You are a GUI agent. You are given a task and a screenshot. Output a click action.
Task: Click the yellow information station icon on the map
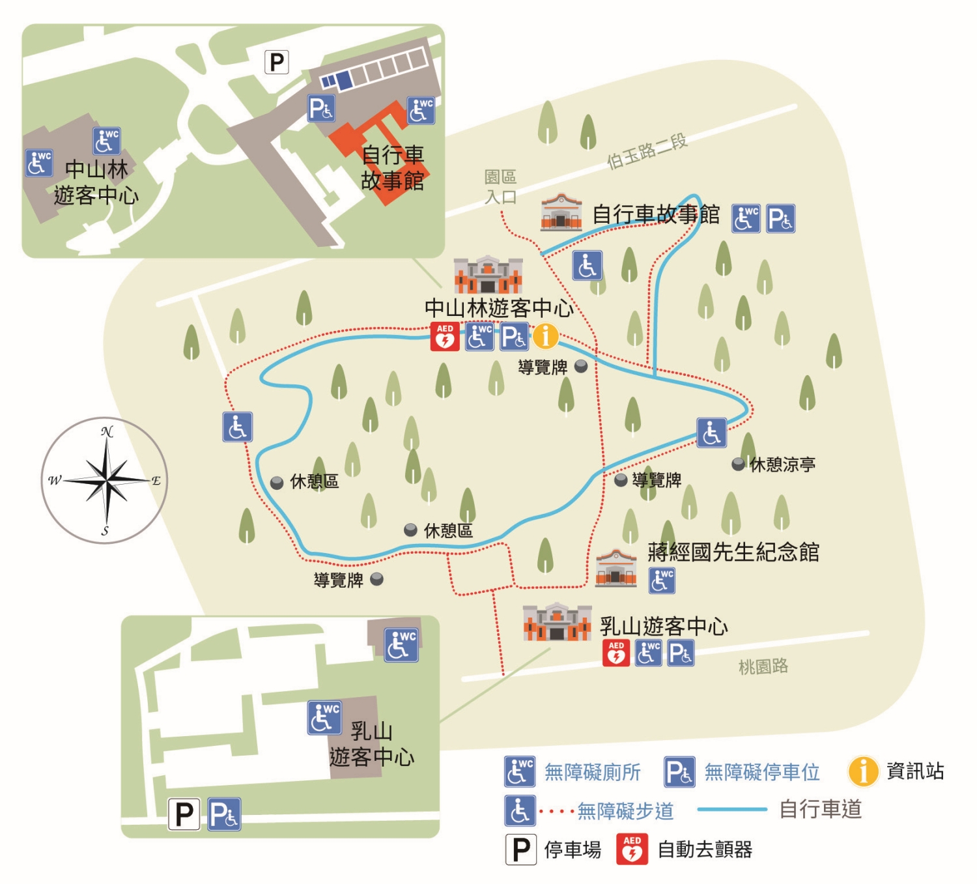(x=546, y=336)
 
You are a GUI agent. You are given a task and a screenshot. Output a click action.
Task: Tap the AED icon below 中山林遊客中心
(x=445, y=337)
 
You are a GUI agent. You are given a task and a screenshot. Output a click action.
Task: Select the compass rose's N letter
(x=107, y=432)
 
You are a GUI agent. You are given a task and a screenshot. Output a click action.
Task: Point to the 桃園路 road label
(x=763, y=666)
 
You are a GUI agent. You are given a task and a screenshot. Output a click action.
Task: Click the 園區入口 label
(x=500, y=186)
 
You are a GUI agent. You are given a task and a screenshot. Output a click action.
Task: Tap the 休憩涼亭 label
(x=782, y=464)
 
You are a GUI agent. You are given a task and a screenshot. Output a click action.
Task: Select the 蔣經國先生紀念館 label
(x=733, y=552)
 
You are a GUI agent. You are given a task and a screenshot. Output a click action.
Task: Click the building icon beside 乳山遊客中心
(x=557, y=622)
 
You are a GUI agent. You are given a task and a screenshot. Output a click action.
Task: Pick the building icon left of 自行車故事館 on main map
(x=561, y=212)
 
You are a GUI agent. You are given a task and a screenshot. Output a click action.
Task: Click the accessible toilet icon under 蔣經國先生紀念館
(x=662, y=580)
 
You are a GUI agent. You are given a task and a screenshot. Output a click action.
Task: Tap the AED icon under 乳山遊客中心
(x=616, y=653)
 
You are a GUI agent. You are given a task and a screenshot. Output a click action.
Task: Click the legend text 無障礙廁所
(x=592, y=772)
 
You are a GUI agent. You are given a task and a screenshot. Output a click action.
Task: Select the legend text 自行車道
(x=820, y=810)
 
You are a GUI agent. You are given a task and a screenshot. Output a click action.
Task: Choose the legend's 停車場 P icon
(x=521, y=849)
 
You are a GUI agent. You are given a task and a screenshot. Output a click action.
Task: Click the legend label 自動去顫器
(x=705, y=849)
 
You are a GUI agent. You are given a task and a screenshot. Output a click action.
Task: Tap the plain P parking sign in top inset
(x=277, y=63)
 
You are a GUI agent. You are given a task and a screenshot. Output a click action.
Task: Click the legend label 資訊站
(x=915, y=771)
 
